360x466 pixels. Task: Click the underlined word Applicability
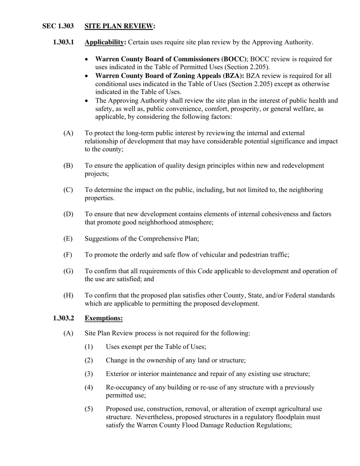click(105, 42)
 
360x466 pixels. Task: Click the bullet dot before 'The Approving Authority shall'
click(87, 101)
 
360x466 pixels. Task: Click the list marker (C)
click(68, 190)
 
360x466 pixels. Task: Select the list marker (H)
click(68, 295)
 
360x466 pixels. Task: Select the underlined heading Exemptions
click(103, 318)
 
